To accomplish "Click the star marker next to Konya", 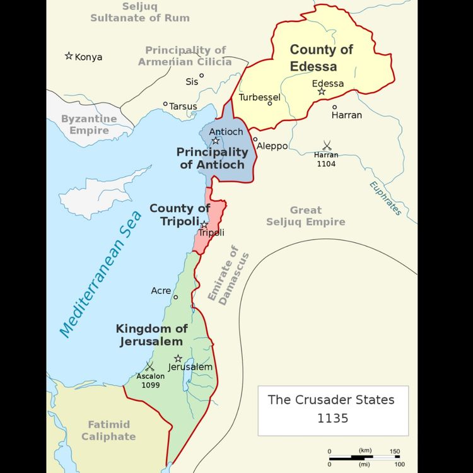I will click(69, 56).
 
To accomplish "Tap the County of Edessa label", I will click(322, 57).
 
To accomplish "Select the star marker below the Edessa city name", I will click(322, 92).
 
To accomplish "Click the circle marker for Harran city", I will click(335, 107).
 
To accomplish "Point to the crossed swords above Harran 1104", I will click(327, 145).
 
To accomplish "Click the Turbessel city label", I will click(259, 97).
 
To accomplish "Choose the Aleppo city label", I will click(272, 146).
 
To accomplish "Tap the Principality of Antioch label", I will click(212, 158).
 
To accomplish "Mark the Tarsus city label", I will click(183, 107).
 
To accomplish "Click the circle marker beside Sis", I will click(202, 76).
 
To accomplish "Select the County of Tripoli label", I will click(180, 214).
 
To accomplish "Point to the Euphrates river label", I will click(385, 198).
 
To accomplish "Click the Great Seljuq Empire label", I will click(306, 216).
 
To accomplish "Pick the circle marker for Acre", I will click(175, 297).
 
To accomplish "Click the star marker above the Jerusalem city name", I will click(178, 358).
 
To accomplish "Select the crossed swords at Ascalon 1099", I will click(149, 366).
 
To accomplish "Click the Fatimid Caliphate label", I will click(108, 431).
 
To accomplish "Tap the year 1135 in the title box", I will click(332, 418).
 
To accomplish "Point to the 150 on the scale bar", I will click(394, 450).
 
